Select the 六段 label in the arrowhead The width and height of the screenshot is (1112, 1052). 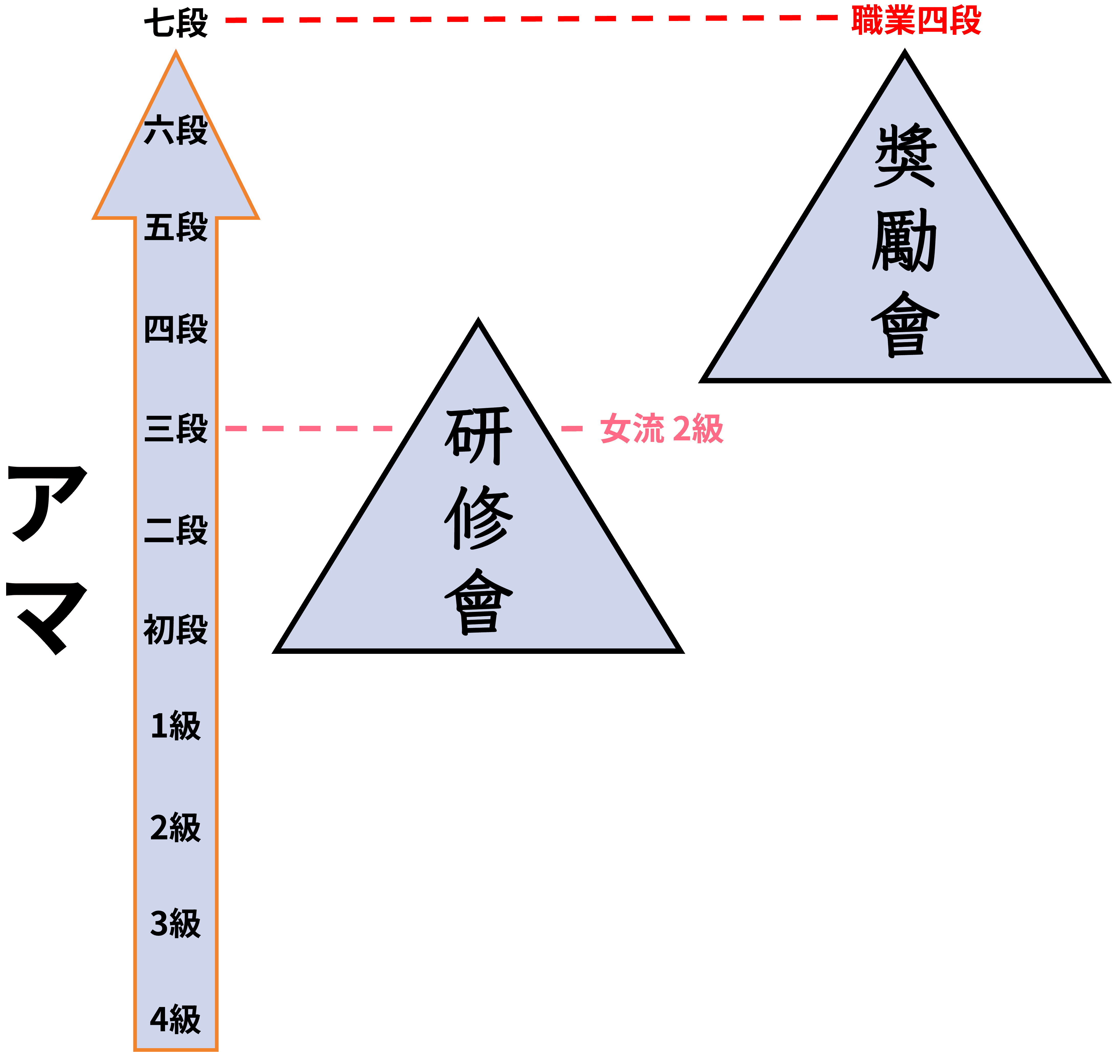tap(176, 130)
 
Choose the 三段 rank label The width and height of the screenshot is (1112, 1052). tap(176, 429)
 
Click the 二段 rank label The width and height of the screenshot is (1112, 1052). tap(176, 530)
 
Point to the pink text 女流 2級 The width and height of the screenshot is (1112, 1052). tap(662, 429)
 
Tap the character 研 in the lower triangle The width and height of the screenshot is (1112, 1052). tap(478, 436)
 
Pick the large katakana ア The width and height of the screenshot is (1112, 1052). tap(48, 502)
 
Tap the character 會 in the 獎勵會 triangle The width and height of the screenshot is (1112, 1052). tap(904, 323)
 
